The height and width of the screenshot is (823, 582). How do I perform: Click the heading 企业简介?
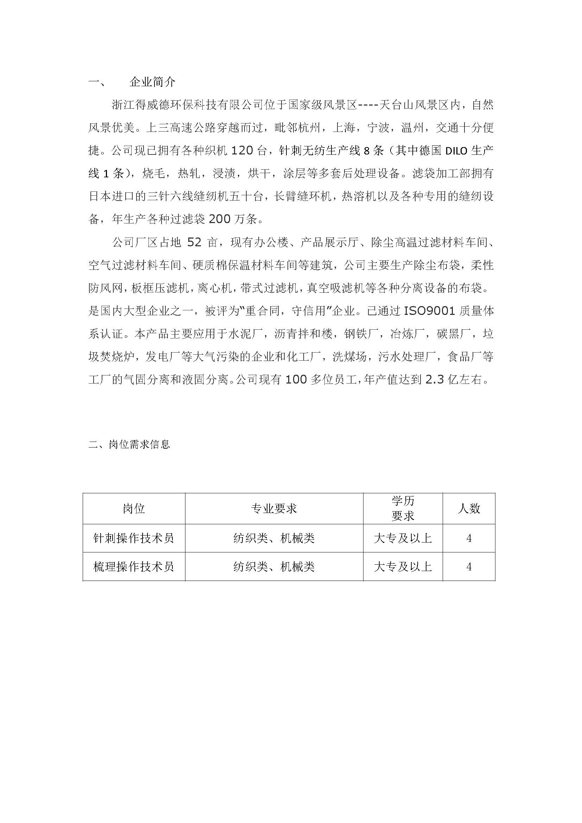pyautogui.click(x=152, y=82)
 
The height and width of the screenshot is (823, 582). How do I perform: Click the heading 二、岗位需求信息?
pyautogui.click(x=129, y=444)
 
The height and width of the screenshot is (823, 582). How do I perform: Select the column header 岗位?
pyautogui.click(x=134, y=508)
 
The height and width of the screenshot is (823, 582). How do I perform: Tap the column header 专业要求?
pyautogui.click(x=274, y=508)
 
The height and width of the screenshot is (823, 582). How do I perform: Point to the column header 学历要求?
pyautogui.click(x=403, y=508)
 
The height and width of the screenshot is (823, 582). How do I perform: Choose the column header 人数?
pyautogui.click(x=469, y=508)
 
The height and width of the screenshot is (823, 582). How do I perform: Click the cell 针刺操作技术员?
pyautogui.click(x=134, y=538)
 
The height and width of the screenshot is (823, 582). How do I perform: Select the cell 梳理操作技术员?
pyautogui.click(x=134, y=566)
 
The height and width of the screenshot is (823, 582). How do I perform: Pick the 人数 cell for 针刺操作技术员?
pyautogui.click(x=469, y=538)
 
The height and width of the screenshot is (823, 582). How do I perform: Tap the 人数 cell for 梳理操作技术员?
pyautogui.click(x=469, y=566)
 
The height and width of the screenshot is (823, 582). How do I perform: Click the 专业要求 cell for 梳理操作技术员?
pyautogui.click(x=274, y=566)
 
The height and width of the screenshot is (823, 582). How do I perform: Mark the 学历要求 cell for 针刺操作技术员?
pyautogui.click(x=403, y=538)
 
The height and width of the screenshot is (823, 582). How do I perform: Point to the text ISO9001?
pyautogui.click(x=429, y=311)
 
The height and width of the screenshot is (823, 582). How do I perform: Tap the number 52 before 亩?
pyautogui.click(x=195, y=243)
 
